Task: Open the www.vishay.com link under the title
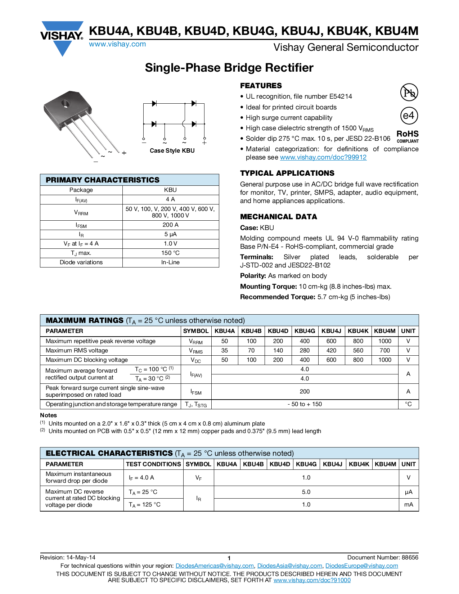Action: pos(117,44)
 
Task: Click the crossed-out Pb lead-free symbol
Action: pos(409,93)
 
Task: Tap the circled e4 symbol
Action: pos(409,116)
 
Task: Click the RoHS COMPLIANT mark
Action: pos(408,136)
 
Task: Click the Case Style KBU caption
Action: pos(172,151)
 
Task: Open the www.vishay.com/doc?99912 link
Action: pos(323,157)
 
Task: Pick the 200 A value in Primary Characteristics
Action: pos(170,225)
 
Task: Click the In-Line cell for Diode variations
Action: pos(170,262)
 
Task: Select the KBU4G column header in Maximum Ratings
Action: pos(305,331)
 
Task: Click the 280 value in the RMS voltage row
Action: pos(305,351)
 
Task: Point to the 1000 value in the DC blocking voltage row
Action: pos(384,360)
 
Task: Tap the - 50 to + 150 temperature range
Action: pos(305,404)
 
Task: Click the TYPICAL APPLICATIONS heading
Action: pos(287,173)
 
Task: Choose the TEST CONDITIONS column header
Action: pos(153,464)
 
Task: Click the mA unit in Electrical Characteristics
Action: pos(408,505)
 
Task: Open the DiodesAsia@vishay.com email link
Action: pos(289,566)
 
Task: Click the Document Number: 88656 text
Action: pos(383,558)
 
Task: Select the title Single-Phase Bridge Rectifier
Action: pos(229,68)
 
